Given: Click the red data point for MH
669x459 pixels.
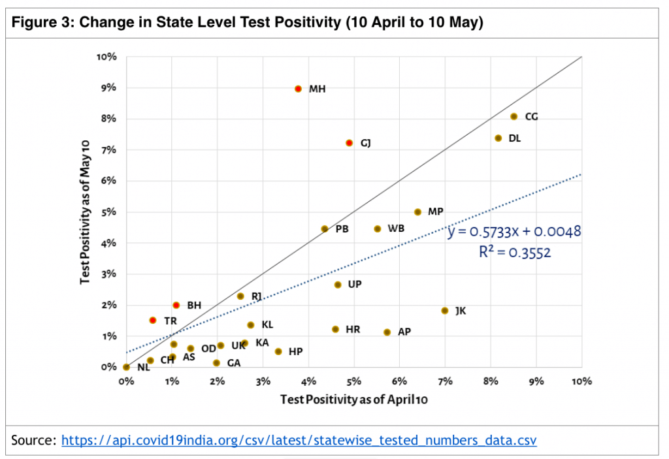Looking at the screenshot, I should (x=298, y=88).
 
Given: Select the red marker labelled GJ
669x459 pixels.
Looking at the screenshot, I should (x=350, y=142).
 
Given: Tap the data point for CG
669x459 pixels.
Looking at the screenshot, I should (x=514, y=116).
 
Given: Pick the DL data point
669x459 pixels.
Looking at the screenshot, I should (x=498, y=138).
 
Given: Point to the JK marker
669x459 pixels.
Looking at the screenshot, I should (x=444, y=311).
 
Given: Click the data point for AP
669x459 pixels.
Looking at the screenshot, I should (x=387, y=332).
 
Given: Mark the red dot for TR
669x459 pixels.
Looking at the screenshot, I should (x=152, y=320).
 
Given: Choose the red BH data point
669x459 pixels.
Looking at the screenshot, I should (x=176, y=305).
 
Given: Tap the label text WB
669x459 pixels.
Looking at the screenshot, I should (x=396, y=229).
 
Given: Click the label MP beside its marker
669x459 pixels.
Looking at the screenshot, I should (x=436, y=212).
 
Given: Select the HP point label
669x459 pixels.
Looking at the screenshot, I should (x=295, y=352).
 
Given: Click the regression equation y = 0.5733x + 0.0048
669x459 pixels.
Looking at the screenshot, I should (x=514, y=232).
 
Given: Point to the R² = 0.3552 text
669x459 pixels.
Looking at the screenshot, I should (x=515, y=252).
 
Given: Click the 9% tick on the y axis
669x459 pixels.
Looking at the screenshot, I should (x=107, y=87).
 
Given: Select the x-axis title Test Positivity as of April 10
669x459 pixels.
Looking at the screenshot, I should (x=353, y=399).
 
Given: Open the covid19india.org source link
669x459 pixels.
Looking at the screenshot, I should (x=299, y=440).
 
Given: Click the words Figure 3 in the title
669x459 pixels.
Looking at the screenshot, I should (x=41, y=23).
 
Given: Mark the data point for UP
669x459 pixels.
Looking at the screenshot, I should (x=338, y=285).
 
